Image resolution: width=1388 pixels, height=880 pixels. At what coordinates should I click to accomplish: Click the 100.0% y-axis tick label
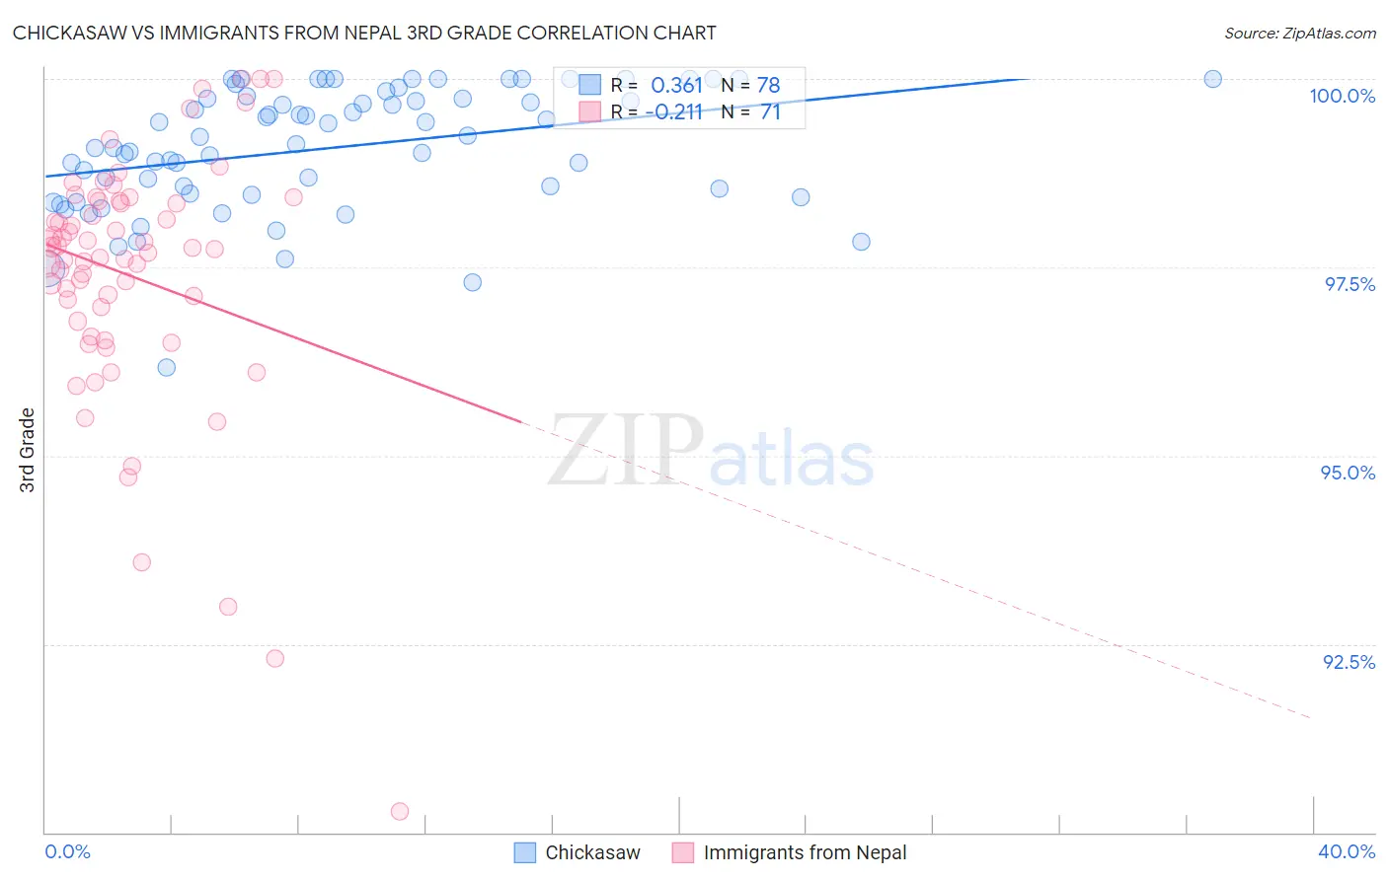point(1342,96)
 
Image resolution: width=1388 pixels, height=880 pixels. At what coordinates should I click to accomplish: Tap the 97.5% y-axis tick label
point(1349,284)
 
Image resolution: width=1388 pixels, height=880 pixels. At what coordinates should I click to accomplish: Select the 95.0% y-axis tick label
point(1348,473)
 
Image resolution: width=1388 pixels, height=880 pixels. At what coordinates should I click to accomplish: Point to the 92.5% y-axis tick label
point(1349,662)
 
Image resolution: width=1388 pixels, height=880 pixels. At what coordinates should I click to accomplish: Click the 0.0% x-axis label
point(67,851)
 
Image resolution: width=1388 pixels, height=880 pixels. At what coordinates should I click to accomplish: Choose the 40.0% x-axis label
point(1346,851)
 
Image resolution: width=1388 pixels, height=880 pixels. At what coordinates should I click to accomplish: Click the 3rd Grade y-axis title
point(28,450)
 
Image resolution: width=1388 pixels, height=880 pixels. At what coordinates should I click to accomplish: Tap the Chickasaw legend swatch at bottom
point(525,852)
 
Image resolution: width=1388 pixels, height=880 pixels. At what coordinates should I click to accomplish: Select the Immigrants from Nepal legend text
point(805,852)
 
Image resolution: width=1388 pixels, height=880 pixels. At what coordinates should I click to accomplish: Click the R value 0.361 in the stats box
point(676,86)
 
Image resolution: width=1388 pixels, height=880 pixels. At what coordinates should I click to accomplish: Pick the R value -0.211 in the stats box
point(674,112)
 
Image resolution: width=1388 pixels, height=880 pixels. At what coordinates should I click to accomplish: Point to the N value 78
point(768,86)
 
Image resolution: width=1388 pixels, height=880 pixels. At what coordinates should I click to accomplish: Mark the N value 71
point(770,112)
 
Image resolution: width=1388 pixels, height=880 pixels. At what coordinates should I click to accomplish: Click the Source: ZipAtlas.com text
point(1299,33)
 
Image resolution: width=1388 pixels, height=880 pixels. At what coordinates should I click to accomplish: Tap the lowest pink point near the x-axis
point(400,811)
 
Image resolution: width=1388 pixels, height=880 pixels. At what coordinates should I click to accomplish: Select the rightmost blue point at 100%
point(1213,79)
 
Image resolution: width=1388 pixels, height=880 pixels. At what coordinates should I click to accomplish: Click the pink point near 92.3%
point(275,658)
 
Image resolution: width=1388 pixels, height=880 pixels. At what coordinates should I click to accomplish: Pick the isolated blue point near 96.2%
point(167,367)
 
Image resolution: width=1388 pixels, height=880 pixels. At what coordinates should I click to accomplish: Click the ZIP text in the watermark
point(625,451)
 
